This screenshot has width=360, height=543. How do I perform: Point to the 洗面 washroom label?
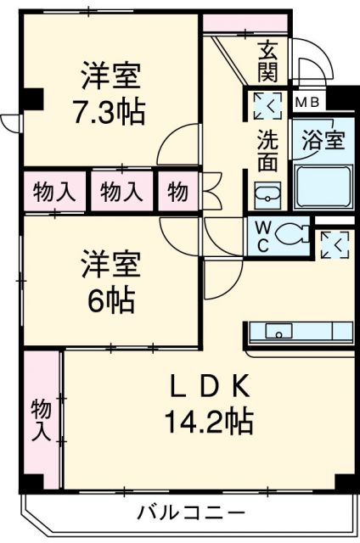267,148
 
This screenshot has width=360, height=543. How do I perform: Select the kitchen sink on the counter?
278,331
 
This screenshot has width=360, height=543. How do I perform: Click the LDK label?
207,388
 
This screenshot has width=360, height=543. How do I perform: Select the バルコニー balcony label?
192,512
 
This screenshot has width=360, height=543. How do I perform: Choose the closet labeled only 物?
177,192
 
